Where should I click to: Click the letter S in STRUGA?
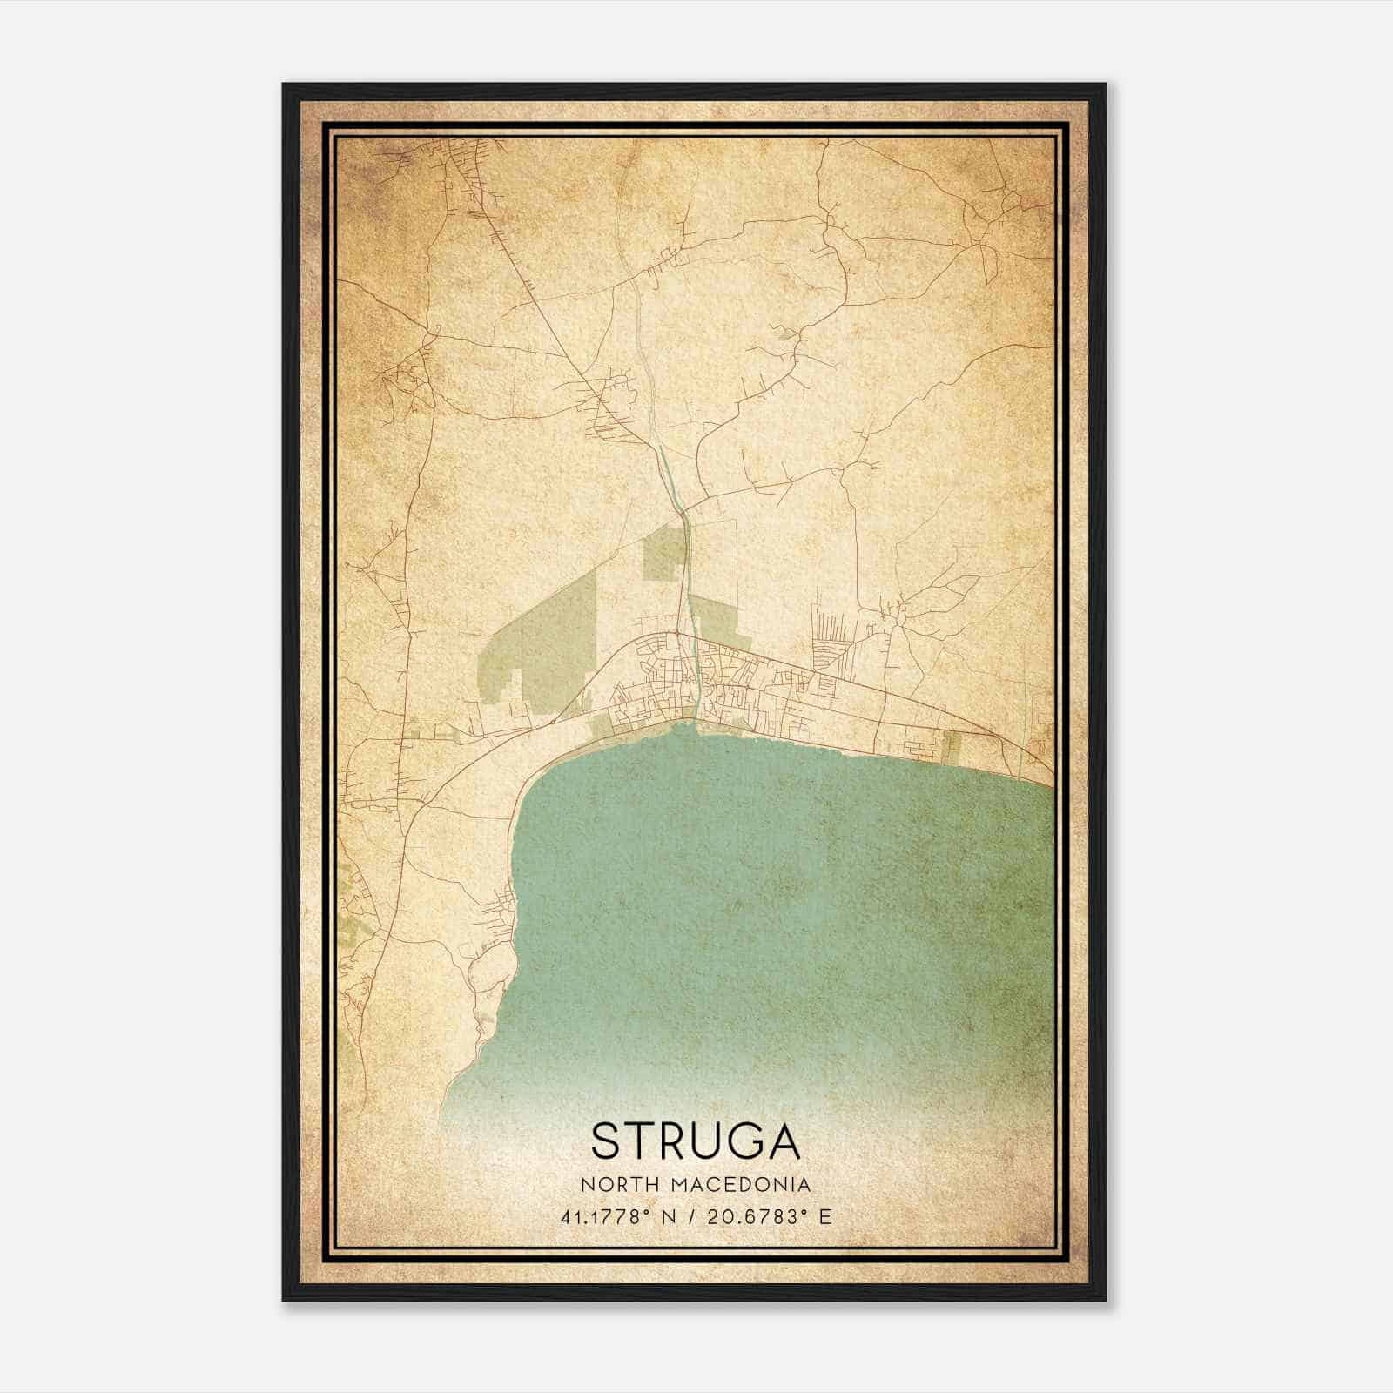[606, 1141]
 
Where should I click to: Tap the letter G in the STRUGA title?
[740, 1141]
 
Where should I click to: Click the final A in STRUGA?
[783, 1141]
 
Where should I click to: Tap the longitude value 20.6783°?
[753, 1216]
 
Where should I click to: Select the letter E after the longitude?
[825, 1216]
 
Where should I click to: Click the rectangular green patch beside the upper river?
[662, 557]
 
